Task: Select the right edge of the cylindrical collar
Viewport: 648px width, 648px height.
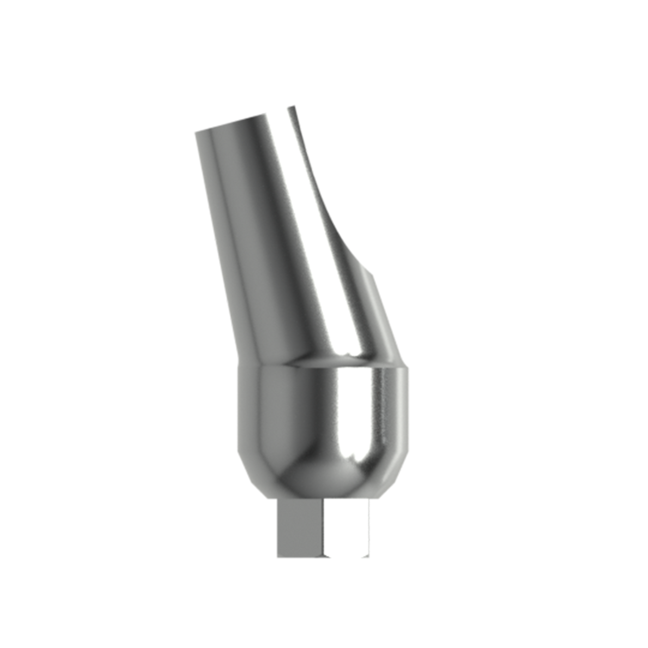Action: coord(409,407)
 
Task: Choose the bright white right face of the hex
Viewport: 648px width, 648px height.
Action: coord(347,528)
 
